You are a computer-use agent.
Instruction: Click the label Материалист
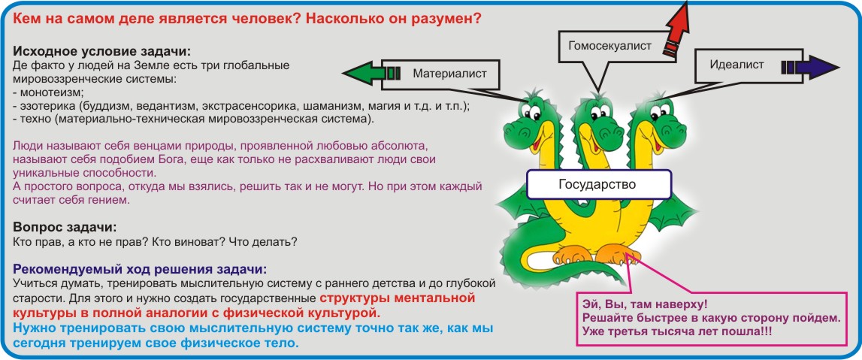pos(449,73)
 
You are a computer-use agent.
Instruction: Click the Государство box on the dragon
pos(599,184)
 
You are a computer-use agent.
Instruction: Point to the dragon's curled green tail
pos(528,259)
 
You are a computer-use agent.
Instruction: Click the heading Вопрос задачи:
pos(65,227)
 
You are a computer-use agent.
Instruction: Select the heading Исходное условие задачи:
pos(101,52)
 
